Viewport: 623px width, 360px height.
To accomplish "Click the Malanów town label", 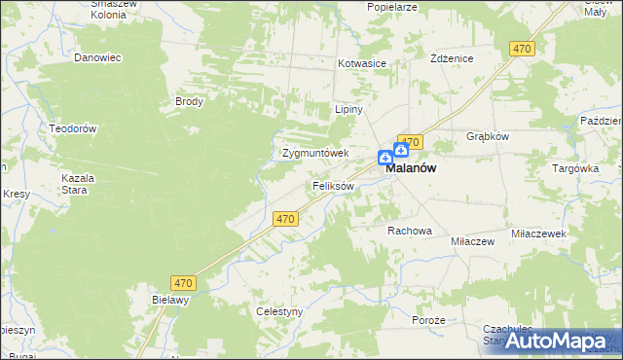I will click(x=410, y=167).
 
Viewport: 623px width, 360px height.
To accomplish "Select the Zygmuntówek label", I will click(x=314, y=153).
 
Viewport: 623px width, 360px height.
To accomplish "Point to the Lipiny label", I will click(x=348, y=109).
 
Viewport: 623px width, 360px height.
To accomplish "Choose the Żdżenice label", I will click(x=452, y=58).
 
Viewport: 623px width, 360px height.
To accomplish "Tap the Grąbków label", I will click(x=488, y=136).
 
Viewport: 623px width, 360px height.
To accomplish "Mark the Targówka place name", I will click(x=575, y=167).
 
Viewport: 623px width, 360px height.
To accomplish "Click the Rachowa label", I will click(x=409, y=231).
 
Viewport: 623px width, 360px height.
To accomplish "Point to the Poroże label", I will click(x=428, y=320).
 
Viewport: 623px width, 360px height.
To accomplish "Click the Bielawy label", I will click(x=169, y=301).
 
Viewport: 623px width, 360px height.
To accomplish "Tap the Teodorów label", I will click(x=73, y=128).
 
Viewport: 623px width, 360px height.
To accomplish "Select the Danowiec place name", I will click(x=97, y=57).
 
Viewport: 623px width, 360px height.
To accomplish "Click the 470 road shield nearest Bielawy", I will click(x=184, y=283).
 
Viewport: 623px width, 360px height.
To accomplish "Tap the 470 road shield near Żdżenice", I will click(x=523, y=49).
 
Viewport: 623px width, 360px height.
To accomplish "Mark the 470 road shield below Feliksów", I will click(x=285, y=220).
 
